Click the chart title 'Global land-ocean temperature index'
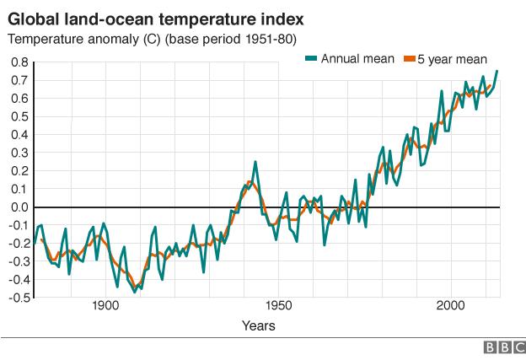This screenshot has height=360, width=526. (x=157, y=18)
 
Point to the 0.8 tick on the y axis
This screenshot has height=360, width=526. (x=19, y=62)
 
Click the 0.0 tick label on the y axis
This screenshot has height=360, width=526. (x=19, y=207)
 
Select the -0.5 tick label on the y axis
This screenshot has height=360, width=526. (x=18, y=298)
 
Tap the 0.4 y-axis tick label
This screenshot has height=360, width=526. (x=19, y=135)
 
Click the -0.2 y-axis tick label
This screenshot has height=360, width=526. (x=18, y=244)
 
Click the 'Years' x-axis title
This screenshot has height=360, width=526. (x=258, y=325)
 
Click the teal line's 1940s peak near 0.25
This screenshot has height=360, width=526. (x=255, y=162)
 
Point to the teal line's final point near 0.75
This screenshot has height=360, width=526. (x=496, y=71)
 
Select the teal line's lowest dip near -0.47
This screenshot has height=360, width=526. (x=135, y=292)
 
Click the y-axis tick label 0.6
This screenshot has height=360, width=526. (x=19, y=99)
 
